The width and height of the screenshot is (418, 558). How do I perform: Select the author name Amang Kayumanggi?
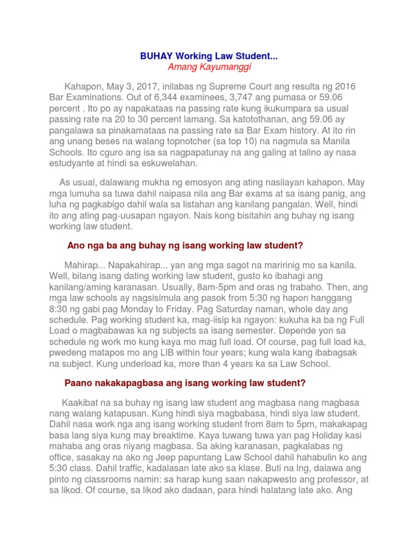point(210,67)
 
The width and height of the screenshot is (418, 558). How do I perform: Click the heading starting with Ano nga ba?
point(185,246)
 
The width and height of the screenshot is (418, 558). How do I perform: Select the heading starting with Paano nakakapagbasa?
point(185,383)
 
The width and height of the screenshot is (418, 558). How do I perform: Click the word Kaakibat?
point(81,402)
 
